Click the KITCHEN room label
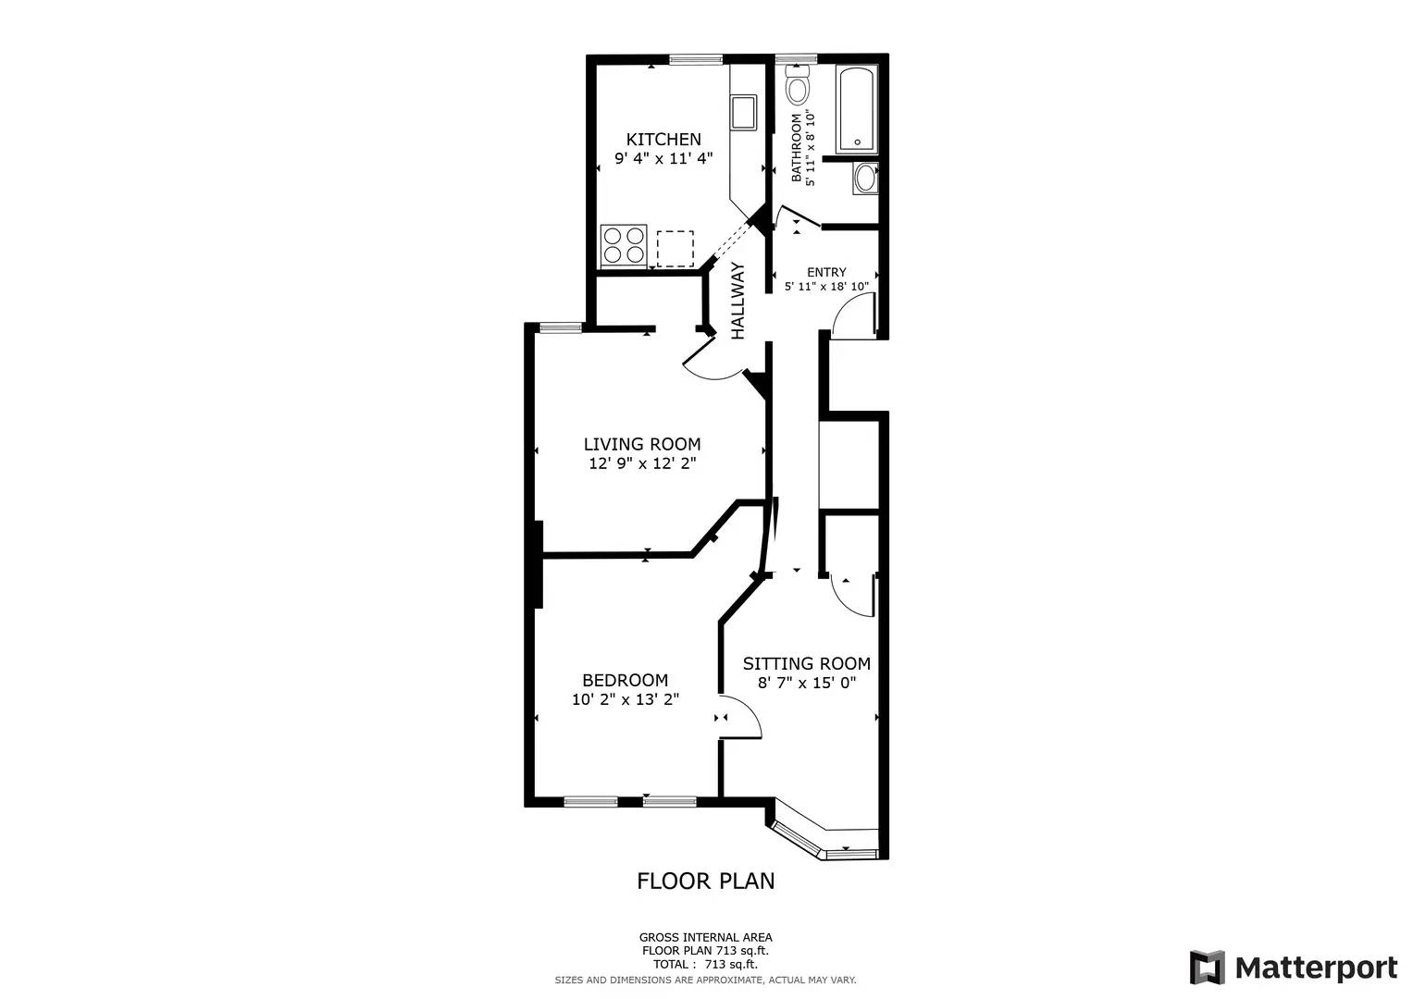click(663, 140)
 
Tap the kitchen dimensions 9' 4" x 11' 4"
click(663, 158)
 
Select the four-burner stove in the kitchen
click(623, 245)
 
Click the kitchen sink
click(743, 112)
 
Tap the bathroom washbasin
click(865, 178)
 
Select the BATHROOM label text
click(796, 148)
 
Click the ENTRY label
click(826, 272)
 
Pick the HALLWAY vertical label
click(738, 301)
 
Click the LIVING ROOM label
click(641, 444)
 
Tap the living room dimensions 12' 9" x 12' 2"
click(641, 463)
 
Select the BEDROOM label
click(625, 681)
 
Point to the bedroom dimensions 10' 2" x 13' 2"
click(626, 700)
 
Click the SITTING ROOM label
click(806, 663)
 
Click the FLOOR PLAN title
click(705, 882)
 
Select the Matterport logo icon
click(1207, 968)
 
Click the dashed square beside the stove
click(675, 249)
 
